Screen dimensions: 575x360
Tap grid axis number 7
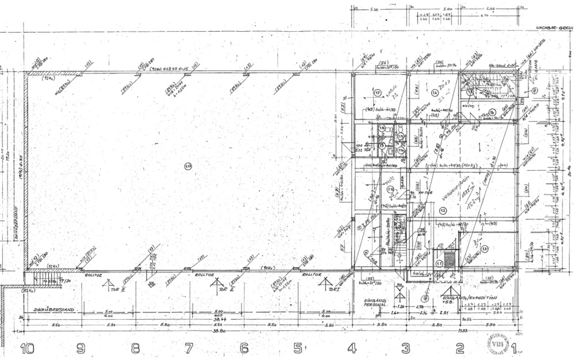coord(188,348)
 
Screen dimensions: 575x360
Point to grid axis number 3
coord(406,348)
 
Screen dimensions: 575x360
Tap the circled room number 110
coord(187,167)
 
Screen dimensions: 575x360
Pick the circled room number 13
coord(485,248)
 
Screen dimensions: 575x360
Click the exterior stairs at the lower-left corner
coord(49,280)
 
